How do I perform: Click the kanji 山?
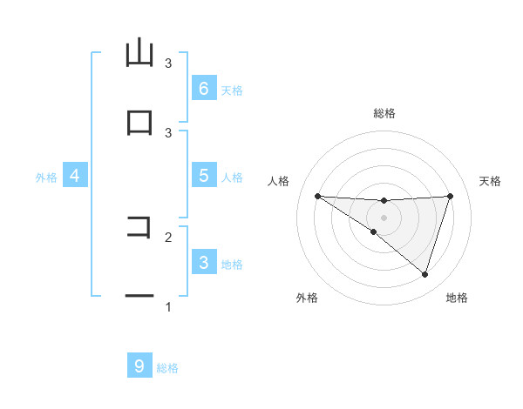139,53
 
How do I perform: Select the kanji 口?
139,123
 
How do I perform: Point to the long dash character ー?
139,297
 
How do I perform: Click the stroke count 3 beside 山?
168,63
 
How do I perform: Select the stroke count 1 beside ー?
168,306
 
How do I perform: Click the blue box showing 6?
203,89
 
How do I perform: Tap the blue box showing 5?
203,176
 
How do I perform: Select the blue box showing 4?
74,176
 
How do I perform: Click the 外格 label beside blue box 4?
46,177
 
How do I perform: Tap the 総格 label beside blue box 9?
167,367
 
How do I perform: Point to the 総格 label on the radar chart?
384,113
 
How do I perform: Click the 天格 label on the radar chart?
491,181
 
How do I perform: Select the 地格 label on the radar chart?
457,298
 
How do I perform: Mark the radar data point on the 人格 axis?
317,196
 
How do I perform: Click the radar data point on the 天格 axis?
450,196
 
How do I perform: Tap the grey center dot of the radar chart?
384,218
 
